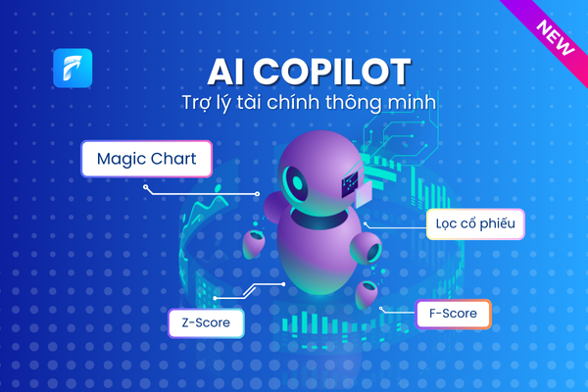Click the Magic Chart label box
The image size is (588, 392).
147,159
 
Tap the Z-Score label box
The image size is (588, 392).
206,322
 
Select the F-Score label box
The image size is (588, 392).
453,314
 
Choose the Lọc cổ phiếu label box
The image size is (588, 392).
475,224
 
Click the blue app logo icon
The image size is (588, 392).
73,68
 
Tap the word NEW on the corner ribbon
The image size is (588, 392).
556,37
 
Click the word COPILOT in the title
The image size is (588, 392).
332,72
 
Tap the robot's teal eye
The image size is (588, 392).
296,183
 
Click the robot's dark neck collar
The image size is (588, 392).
319,219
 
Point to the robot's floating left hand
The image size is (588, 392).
254,244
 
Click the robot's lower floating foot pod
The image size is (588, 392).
367,294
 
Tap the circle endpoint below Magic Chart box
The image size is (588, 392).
145,187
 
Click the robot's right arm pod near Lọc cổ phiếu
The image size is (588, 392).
366,248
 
